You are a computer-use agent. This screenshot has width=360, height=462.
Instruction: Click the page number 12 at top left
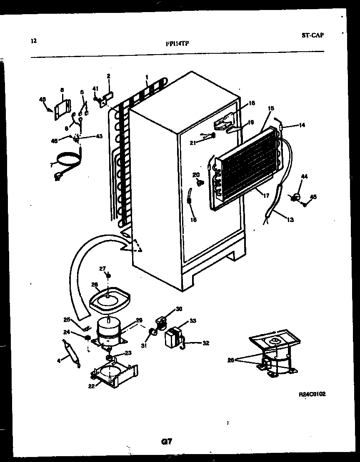(x=34, y=41)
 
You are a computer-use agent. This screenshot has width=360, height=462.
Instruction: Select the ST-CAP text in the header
(x=312, y=35)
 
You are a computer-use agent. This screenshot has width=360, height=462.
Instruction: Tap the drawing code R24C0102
(x=312, y=394)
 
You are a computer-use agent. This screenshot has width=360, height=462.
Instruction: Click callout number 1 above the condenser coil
(x=147, y=77)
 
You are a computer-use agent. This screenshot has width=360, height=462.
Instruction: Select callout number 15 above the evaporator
(x=271, y=108)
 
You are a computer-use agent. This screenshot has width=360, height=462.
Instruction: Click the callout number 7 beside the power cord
(x=52, y=165)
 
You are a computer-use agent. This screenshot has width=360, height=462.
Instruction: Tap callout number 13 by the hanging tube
(x=290, y=220)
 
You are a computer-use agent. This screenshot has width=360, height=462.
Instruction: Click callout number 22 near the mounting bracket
(x=91, y=386)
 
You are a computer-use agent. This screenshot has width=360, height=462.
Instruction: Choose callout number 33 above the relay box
(x=192, y=320)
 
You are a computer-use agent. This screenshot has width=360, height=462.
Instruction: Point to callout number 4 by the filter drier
(x=59, y=361)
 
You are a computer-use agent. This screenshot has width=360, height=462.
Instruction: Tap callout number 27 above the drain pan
(x=102, y=268)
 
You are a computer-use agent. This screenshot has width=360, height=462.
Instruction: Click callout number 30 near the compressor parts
(x=179, y=309)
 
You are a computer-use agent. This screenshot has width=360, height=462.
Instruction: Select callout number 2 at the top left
(x=108, y=76)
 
